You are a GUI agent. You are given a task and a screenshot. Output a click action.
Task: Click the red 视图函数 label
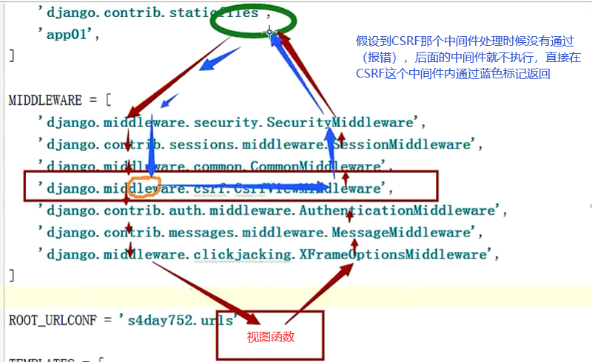click(x=270, y=336)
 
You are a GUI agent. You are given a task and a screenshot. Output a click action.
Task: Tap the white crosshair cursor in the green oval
click(x=271, y=32)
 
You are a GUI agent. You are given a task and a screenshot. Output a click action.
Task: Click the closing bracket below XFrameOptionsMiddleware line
click(x=11, y=275)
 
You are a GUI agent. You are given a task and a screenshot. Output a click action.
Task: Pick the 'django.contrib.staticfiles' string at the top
click(x=148, y=13)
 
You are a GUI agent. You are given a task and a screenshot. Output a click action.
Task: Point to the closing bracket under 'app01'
click(x=11, y=55)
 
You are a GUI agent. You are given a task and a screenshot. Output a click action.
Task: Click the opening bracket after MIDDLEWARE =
click(x=107, y=100)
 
